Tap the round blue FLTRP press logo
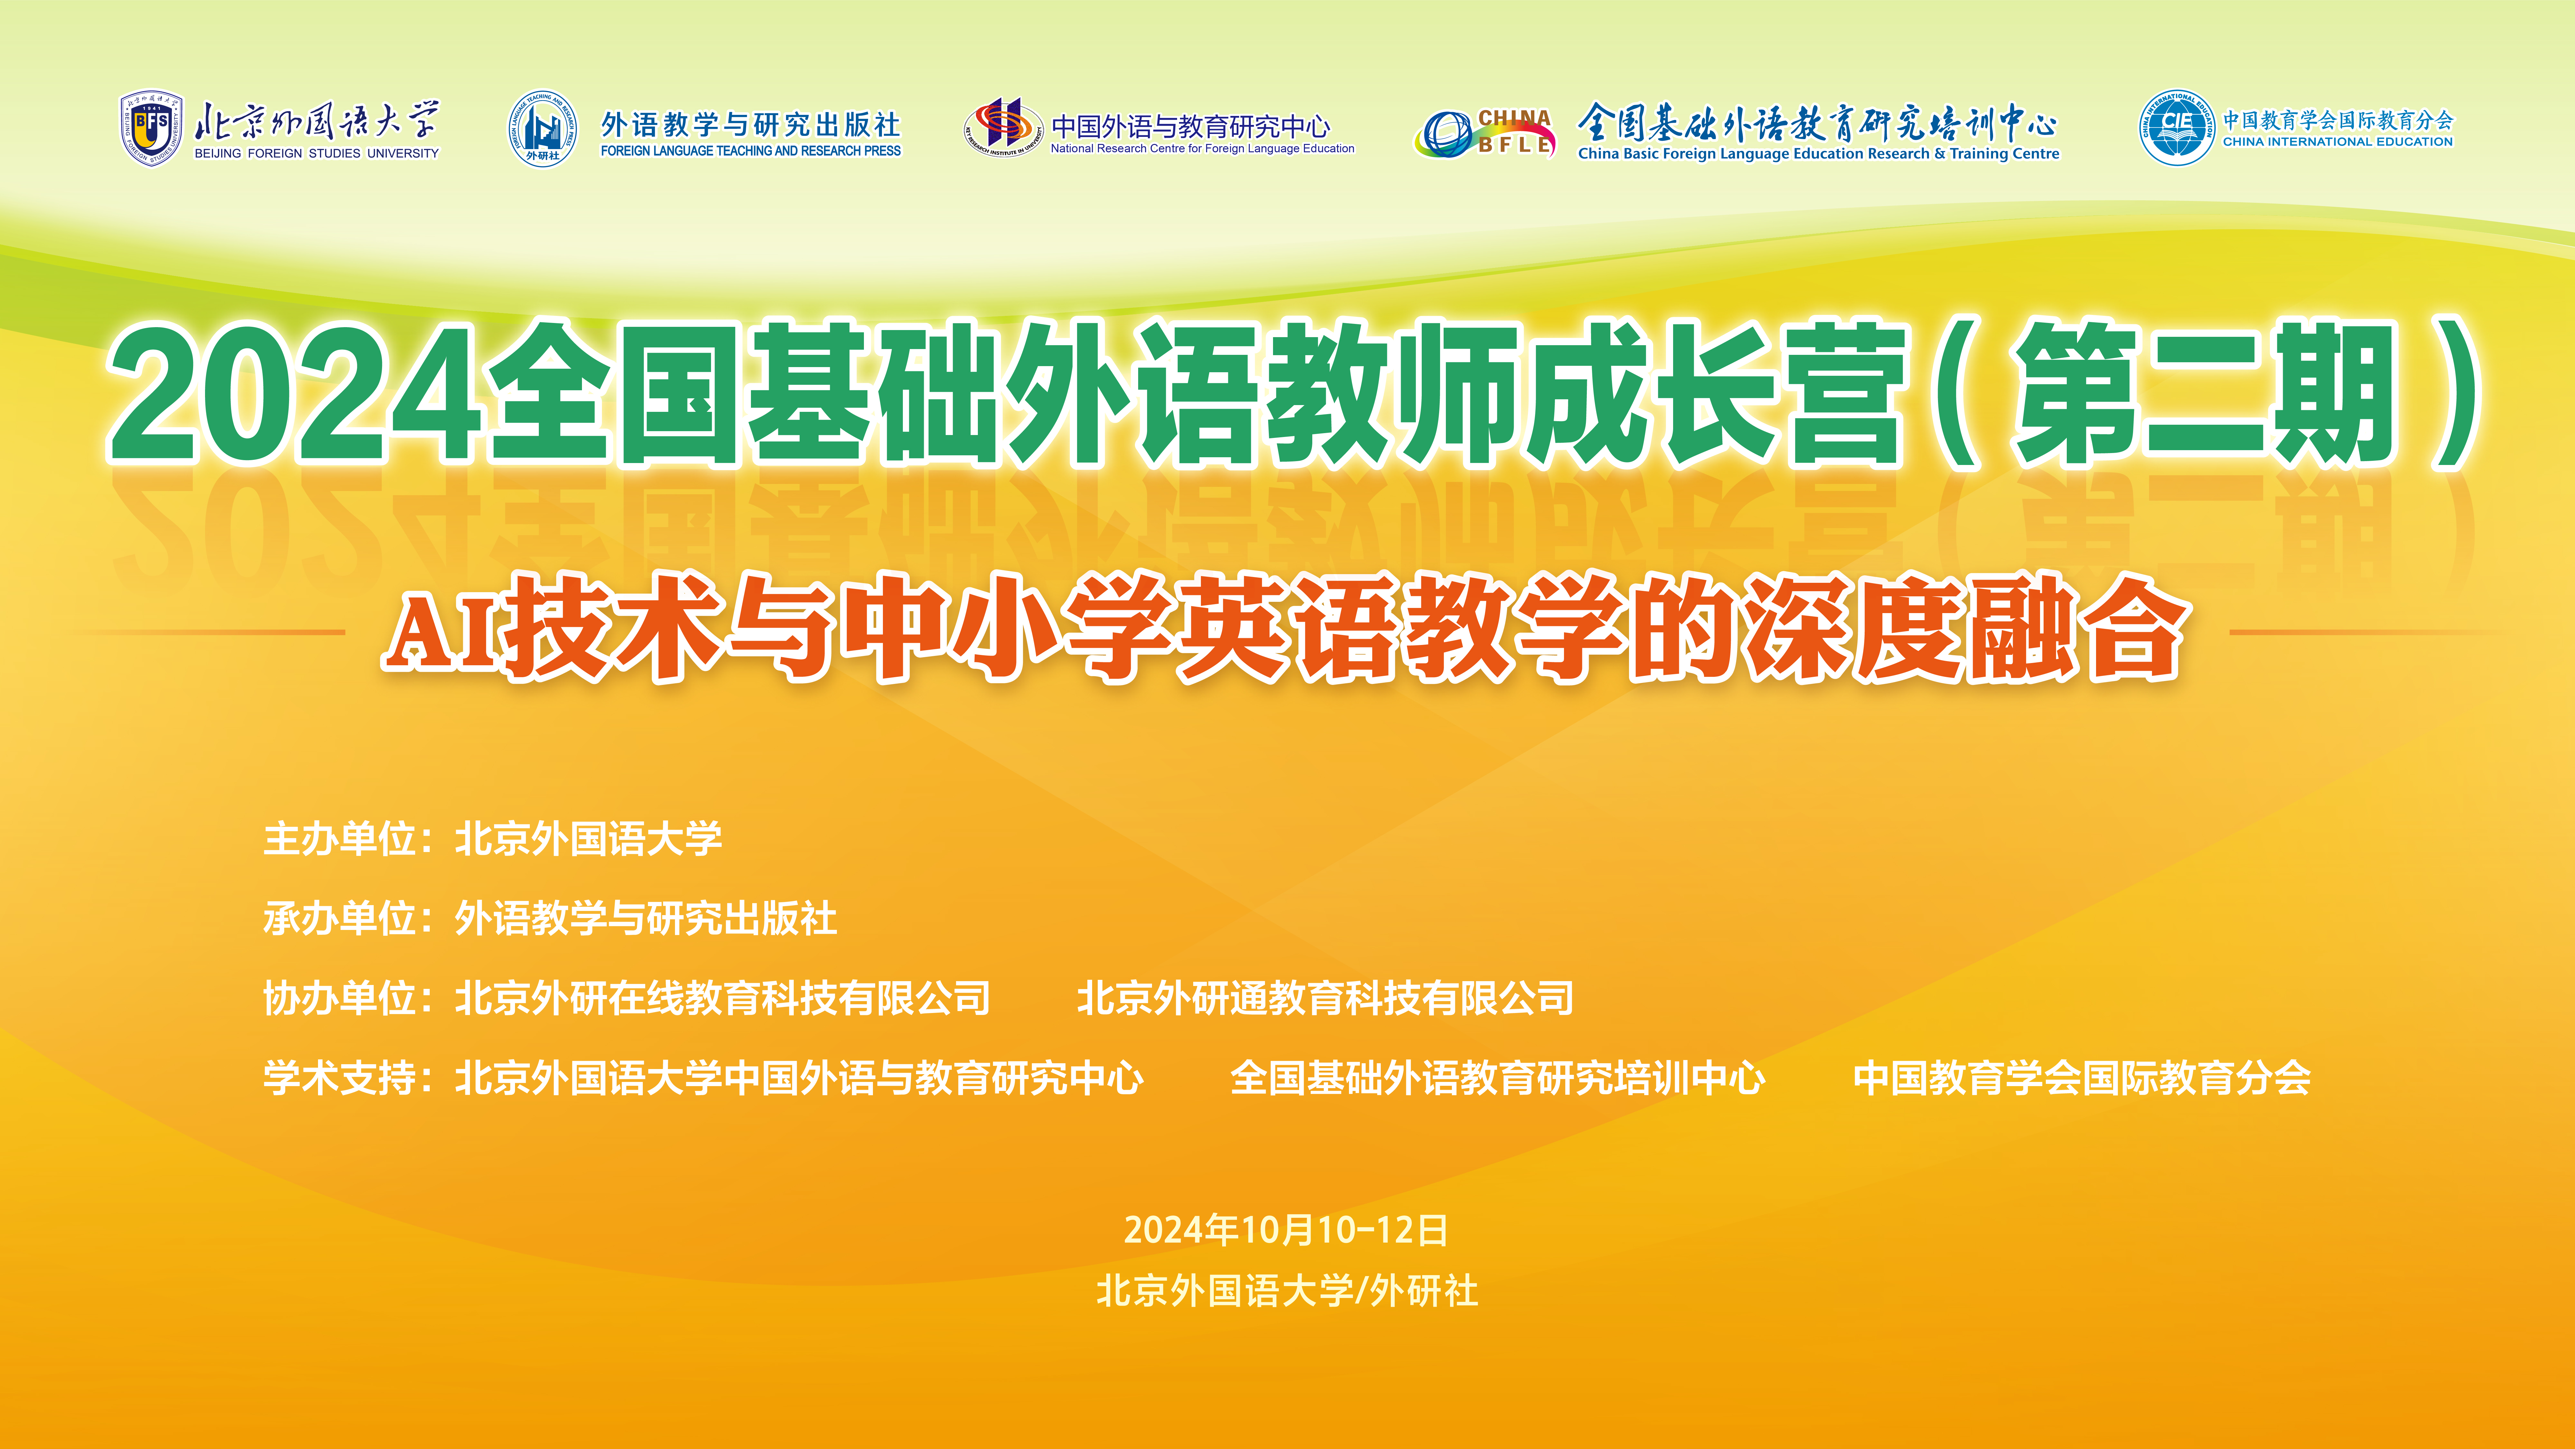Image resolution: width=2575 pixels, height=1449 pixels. [x=543, y=129]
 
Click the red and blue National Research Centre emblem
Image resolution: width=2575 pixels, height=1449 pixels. [x=1004, y=127]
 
